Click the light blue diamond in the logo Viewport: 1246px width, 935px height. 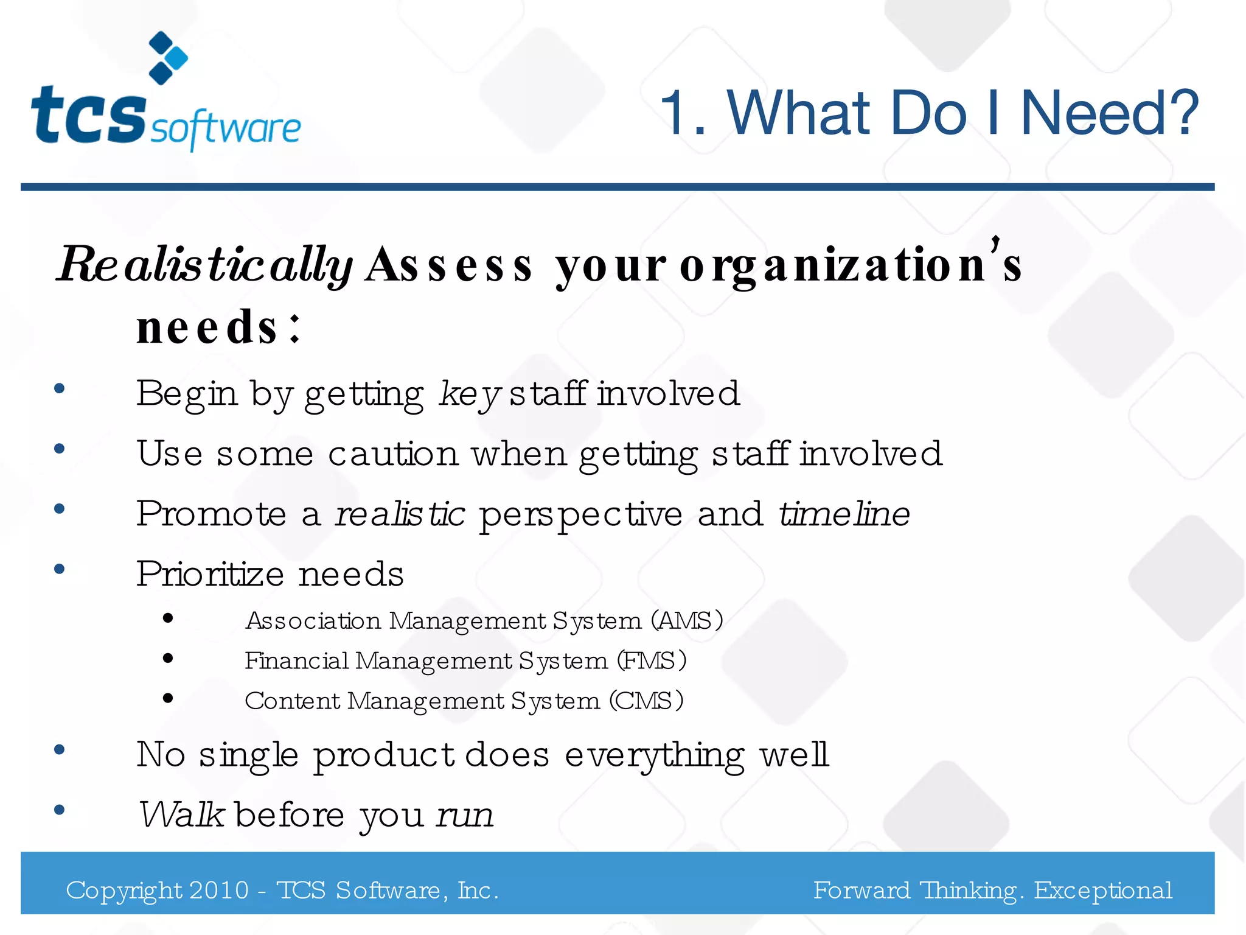(177, 58)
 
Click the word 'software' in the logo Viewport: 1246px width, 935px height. (226, 128)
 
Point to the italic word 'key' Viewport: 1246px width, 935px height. (469, 394)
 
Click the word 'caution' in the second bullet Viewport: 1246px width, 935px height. (393, 454)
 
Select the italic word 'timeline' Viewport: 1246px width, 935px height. (844, 514)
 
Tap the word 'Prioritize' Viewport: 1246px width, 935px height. (211, 574)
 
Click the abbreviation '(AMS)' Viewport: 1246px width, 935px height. (687, 621)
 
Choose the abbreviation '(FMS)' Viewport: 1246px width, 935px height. (652, 661)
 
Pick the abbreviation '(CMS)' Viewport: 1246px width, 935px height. (647, 701)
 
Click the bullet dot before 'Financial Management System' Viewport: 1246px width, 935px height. (169, 658)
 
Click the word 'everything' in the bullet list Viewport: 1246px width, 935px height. (654, 755)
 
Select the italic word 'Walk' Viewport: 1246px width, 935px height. (181, 815)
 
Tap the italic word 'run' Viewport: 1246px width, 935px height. (465, 815)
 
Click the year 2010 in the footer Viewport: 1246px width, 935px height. (219, 891)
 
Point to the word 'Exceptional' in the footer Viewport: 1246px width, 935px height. (1103, 891)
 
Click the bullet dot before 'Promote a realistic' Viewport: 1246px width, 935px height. (59, 509)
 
